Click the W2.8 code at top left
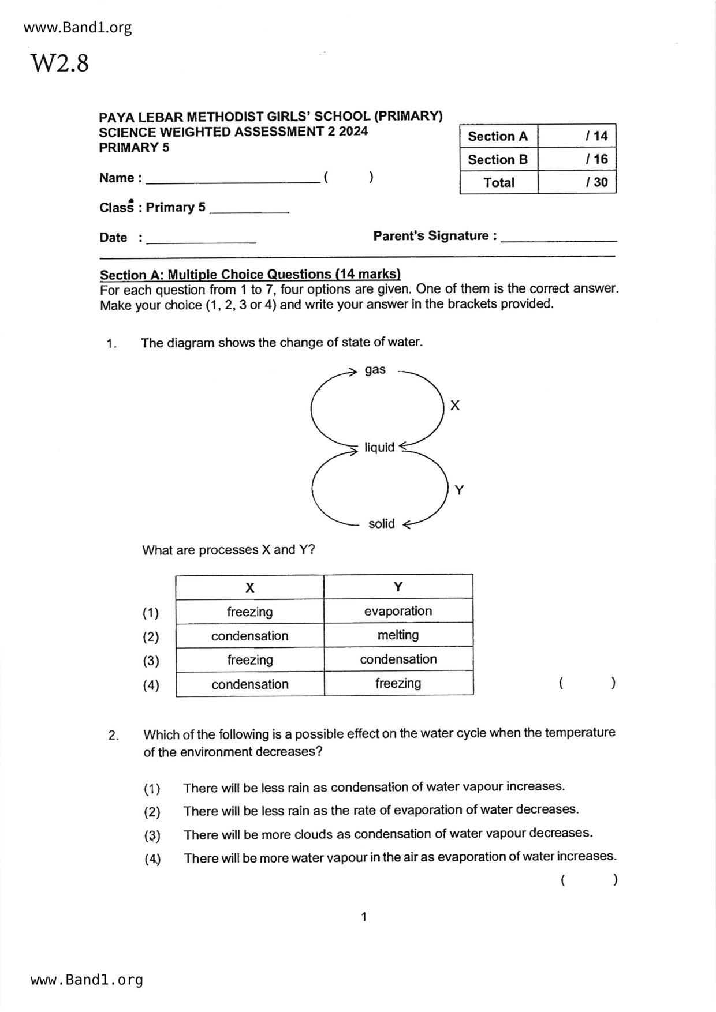(59, 63)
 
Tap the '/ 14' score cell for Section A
(577, 136)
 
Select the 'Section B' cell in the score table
(498, 159)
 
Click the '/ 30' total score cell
(577, 182)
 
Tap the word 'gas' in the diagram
(375, 370)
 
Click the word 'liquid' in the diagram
(379, 447)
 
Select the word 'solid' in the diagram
(381, 524)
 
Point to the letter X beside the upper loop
(455, 406)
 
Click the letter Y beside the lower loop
(459, 490)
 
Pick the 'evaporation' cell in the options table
(398, 611)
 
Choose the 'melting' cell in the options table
(398, 635)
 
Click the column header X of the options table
(249, 587)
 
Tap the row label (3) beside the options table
(151, 661)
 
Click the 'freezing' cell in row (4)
(398, 684)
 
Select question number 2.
(114, 735)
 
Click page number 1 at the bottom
(364, 917)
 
